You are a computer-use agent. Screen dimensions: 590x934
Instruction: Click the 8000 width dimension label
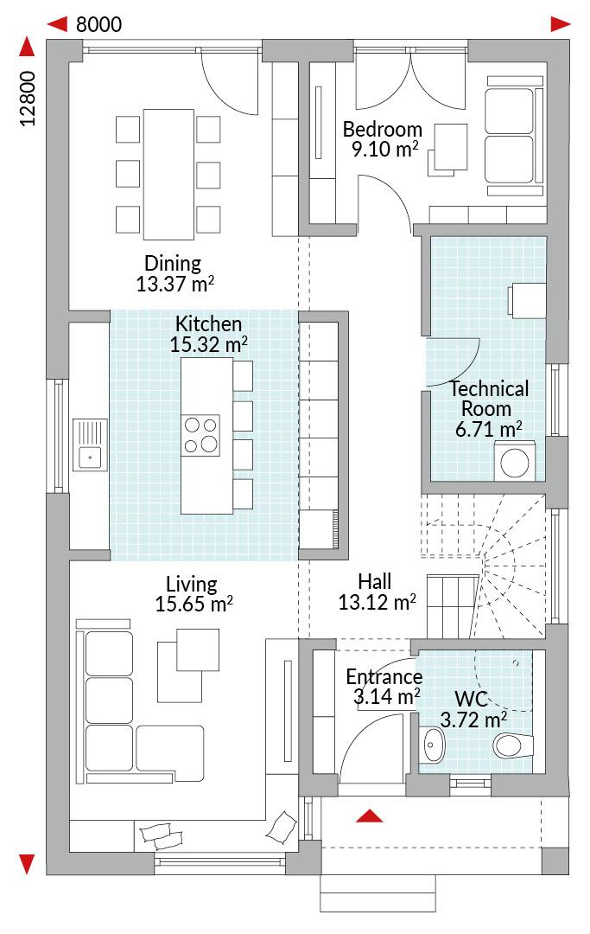[x=98, y=24]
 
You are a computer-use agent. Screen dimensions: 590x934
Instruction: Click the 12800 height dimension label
[x=28, y=99]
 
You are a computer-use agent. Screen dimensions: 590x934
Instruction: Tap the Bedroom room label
[x=383, y=129]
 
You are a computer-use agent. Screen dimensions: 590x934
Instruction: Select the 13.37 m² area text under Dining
[x=174, y=284]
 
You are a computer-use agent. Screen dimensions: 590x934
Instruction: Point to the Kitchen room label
[x=209, y=323]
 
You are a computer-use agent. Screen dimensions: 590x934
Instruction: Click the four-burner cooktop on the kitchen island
[x=200, y=435]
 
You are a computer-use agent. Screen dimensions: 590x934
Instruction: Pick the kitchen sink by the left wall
[x=90, y=445]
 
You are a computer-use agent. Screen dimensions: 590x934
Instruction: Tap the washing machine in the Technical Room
[x=515, y=461]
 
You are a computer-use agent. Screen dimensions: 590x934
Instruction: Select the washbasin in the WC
[x=432, y=744]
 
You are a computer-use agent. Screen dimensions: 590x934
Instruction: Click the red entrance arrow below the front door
[x=370, y=816]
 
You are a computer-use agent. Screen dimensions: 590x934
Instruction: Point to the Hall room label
[x=375, y=581]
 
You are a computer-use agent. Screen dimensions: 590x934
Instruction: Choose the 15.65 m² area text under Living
[x=193, y=604]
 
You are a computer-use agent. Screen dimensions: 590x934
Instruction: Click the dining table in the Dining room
[x=169, y=174]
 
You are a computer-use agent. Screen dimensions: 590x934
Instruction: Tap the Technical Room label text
[x=489, y=399]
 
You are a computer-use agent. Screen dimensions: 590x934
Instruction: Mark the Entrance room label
[x=384, y=676]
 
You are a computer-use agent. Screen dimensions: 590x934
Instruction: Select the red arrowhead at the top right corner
[x=561, y=24]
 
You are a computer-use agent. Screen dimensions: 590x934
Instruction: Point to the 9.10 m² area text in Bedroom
[x=384, y=149]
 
